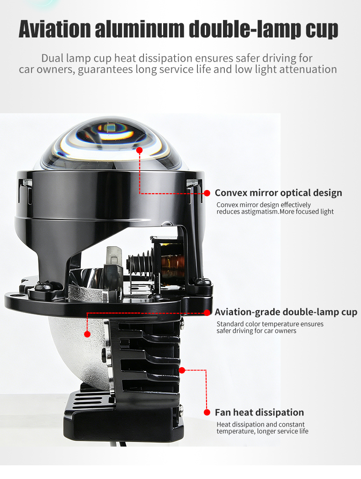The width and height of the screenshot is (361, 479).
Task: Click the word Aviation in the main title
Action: tap(55, 29)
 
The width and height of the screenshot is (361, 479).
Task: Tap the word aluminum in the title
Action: tap(140, 29)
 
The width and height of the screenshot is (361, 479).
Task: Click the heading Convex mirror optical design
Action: tap(278, 193)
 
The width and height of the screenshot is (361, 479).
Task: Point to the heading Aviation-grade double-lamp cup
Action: tap(286, 312)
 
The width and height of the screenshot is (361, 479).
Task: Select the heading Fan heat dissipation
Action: tap(259, 412)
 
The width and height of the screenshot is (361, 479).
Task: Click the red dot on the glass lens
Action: tap(139, 150)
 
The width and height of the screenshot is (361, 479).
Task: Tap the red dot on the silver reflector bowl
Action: tap(87, 334)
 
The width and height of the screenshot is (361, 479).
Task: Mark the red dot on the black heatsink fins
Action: tap(182, 371)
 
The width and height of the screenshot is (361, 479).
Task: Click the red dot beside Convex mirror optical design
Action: tap(207, 193)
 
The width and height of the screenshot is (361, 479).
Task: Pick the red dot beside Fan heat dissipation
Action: tap(207, 412)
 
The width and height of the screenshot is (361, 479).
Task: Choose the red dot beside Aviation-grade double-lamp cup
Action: tap(207, 312)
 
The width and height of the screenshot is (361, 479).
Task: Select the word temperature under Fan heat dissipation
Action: tap(235, 432)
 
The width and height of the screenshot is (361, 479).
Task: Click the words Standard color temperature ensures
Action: tap(270, 324)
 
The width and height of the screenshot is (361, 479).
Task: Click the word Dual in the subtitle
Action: tap(52, 58)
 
